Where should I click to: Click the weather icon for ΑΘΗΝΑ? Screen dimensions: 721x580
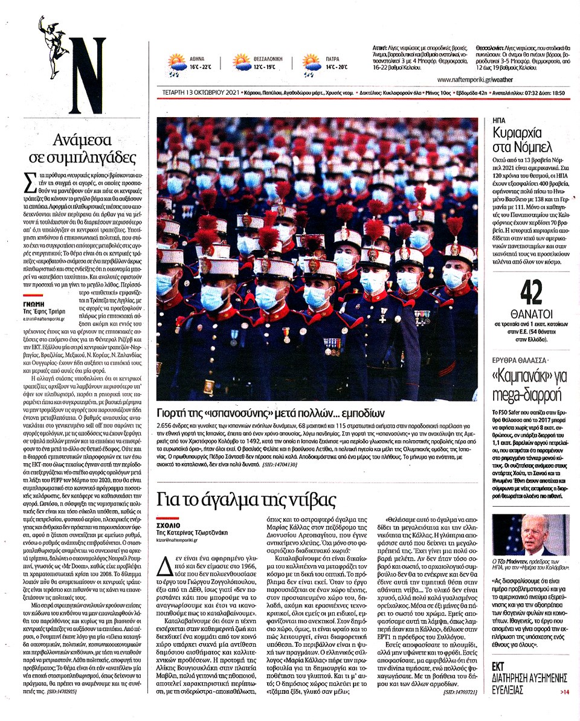point(177,62)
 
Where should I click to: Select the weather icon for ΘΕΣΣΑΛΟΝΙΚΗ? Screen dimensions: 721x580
point(242,63)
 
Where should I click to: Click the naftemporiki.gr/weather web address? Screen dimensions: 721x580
point(475,79)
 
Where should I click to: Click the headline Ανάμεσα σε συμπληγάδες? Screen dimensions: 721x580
point(83,149)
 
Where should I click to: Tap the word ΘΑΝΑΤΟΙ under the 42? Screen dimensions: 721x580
point(524,323)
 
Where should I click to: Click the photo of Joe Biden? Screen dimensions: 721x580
point(530,534)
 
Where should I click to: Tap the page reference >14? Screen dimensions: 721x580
point(564,691)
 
